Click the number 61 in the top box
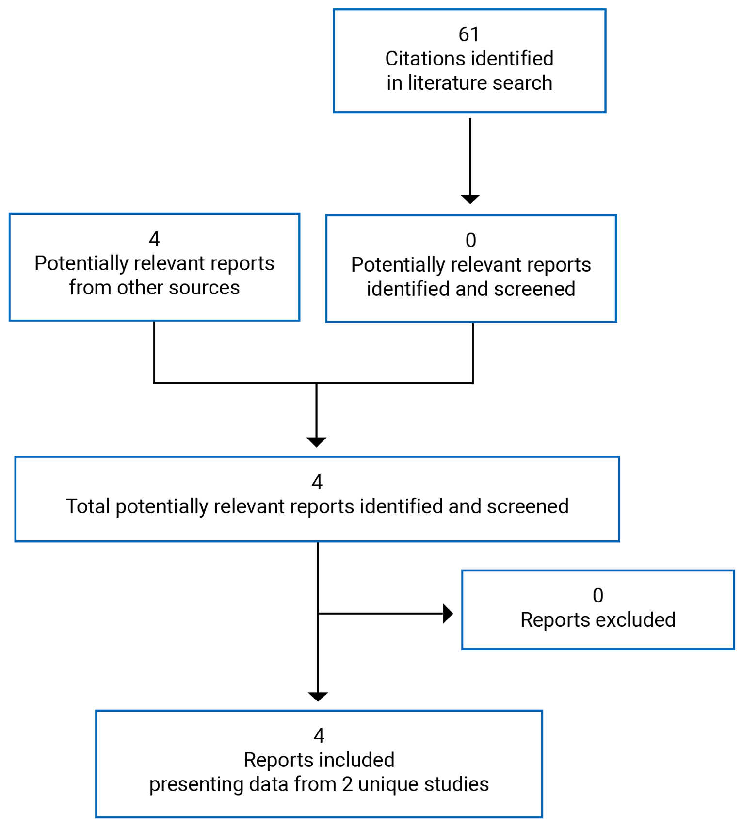pyautogui.click(x=468, y=34)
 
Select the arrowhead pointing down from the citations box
pyautogui.click(x=470, y=198)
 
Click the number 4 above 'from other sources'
pyautogui.click(x=154, y=239)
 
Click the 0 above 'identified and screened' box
pyautogui.click(x=470, y=241)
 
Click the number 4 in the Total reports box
pyautogui.click(x=317, y=482)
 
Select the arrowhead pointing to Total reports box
pyautogui.click(x=317, y=441)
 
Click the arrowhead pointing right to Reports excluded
pyautogui.click(x=448, y=614)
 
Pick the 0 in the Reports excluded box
pyautogui.click(x=597, y=596)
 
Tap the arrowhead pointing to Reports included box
pyautogui.click(x=318, y=696)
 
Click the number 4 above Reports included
pyautogui.click(x=319, y=736)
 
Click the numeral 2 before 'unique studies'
pyautogui.click(x=347, y=784)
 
